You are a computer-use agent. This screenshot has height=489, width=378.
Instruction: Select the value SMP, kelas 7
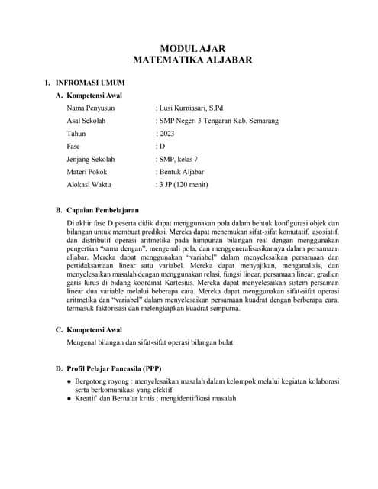click(x=178, y=160)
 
